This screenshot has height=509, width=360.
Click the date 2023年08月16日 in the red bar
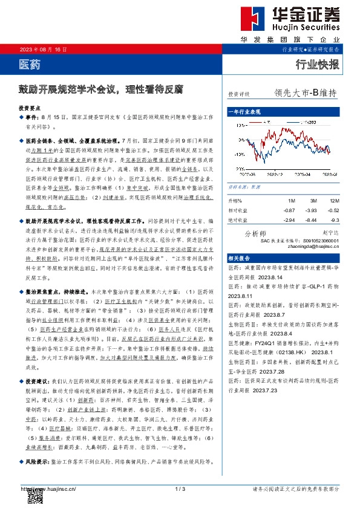(43, 48)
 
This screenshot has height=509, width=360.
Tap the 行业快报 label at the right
(317, 65)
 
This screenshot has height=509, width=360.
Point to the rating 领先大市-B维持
(305, 93)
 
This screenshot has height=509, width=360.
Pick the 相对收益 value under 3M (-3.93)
(311, 209)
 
